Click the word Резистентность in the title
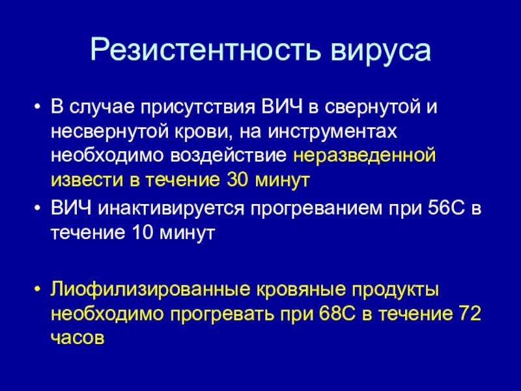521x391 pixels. (x=205, y=51)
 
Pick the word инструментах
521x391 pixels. (x=332, y=133)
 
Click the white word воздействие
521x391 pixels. (x=229, y=156)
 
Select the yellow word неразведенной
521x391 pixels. (x=364, y=156)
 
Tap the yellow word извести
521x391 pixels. (x=87, y=181)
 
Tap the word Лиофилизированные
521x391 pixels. (x=150, y=290)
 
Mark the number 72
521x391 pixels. (x=470, y=313)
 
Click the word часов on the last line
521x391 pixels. (x=77, y=338)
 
